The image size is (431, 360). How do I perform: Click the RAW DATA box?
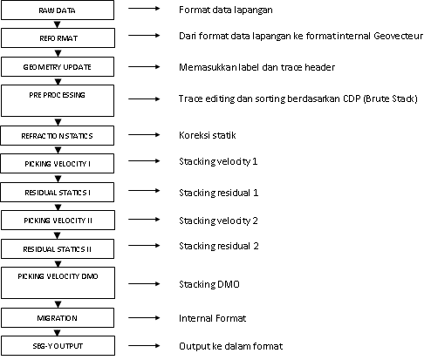58,10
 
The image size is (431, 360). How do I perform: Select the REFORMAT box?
58,38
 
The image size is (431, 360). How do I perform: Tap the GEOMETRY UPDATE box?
58,66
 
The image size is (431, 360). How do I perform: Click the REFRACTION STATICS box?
58,136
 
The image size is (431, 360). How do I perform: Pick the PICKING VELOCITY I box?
58,163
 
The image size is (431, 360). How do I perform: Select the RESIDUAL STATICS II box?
58,248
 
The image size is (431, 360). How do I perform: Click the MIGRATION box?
58,318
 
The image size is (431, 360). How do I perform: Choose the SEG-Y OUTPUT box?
58,346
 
